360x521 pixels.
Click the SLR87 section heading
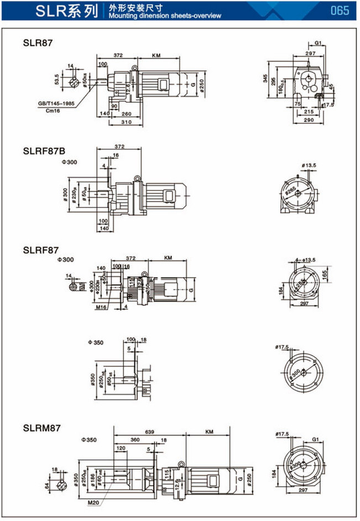(38, 43)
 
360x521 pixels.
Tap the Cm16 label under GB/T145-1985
(53, 111)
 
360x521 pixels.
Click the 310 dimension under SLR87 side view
(126, 122)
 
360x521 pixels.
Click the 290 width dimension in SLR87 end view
(309, 119)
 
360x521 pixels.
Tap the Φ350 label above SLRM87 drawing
(89, 439)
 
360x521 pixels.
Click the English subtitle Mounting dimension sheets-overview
(165, 15)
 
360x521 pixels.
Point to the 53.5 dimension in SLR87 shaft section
(57, 79)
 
